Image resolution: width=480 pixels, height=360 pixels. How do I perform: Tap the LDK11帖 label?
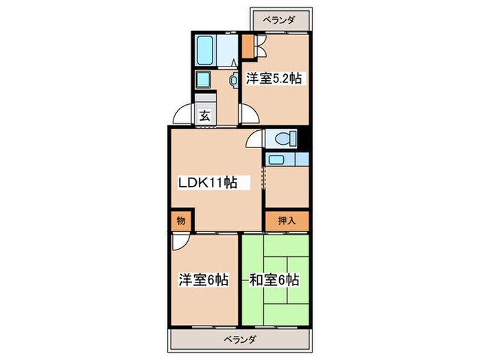pos(208,182)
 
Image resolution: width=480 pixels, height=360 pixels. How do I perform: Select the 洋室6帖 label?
pos(204,280)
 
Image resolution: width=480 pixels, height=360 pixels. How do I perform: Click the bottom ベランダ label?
pos(240,339)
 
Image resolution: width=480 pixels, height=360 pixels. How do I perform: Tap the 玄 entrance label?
pos(204,116)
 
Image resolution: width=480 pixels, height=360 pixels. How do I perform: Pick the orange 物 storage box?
pos(180,221)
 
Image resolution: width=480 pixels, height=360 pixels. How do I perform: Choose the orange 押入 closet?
pos(287,221)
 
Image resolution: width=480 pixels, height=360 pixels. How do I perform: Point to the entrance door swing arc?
pos(183,114)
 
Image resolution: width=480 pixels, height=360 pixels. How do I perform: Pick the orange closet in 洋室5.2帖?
pos(247,49)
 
